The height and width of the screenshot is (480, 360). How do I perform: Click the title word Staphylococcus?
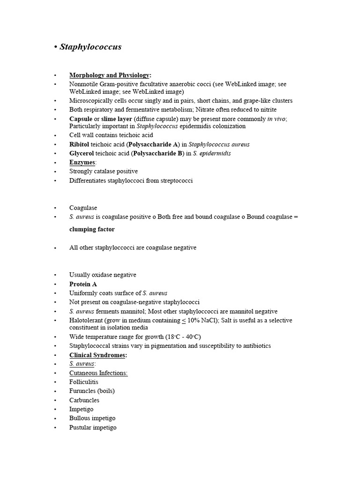pos(90,47)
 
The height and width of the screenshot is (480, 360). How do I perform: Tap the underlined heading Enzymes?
pos(82,162)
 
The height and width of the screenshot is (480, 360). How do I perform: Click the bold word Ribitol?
pos(79,144)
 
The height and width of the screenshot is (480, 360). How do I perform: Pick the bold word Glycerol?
pos(81,153)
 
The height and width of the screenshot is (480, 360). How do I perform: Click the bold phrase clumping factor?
pos(92,230)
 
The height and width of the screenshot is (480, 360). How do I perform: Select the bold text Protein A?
pos(83,284)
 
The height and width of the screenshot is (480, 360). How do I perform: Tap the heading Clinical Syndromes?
pos(97,355)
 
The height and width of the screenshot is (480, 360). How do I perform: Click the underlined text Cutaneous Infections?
pos(98,373)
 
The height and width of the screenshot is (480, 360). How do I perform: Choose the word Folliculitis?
pos(85,382)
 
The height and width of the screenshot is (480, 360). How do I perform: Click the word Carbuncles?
pos(84,400)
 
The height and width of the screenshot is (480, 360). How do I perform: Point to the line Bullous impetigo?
pos(92,418)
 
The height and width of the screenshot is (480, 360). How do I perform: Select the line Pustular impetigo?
pos(93,427)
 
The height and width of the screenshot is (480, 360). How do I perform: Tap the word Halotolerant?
pos(87,321)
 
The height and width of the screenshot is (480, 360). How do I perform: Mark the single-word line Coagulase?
pos(83,208)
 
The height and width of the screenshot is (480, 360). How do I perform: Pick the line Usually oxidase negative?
pos(103,275)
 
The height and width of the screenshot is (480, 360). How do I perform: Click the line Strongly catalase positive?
pos(104,172)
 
